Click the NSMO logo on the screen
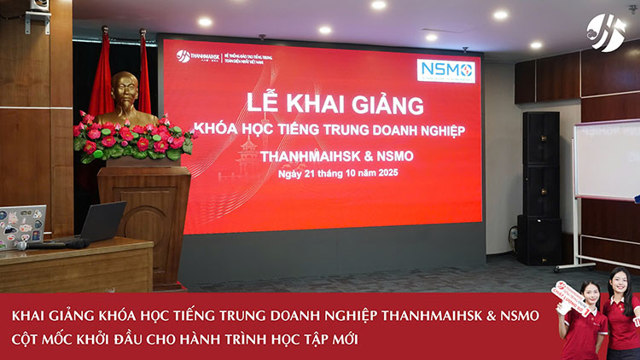pos(446,71)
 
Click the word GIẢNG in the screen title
pos(385,107)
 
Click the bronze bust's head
pos(125,89)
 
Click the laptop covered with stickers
pos(20,225)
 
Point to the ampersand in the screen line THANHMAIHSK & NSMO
pos(360,156)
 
